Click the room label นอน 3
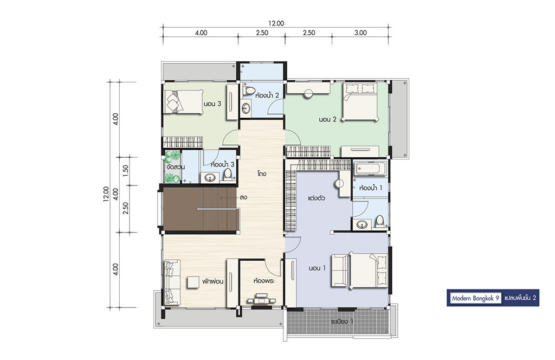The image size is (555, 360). (x=212, y=104)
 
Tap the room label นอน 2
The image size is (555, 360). (x=327, y=119)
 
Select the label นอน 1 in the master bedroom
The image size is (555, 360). (x=317, y=268)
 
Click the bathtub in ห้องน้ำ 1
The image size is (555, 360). (x=370, y=168)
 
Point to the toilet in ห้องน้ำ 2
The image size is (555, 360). (x=249, y=90)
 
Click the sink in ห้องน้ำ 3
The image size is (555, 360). (x=211, y=177)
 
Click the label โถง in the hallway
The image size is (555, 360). (x=262, y=174)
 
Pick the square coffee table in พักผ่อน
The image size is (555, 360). (x=193, y=282)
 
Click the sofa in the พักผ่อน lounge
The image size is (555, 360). (x=172, y=282)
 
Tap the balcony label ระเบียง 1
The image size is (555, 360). (x=342, y=322)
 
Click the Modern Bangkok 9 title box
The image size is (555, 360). (x=475, y=298)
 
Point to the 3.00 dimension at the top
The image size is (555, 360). (x=360, y=33)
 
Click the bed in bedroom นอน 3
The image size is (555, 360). (x=183, y=102)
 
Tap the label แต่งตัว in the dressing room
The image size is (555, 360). (x=316, y=198)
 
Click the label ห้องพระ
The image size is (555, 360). (x=264, y=281)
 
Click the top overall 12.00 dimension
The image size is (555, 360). (x=276, y=24)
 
